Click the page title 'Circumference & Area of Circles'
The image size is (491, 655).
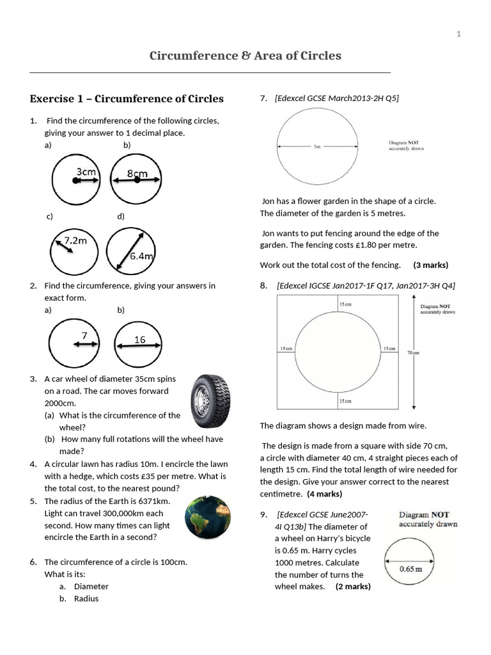(x=245, y=56)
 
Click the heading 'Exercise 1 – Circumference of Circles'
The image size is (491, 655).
(x=127, y=99)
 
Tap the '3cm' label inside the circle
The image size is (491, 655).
(x=86, y=171)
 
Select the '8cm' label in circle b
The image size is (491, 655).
(x=137, y=173)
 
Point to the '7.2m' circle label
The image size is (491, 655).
(x=75, y=241)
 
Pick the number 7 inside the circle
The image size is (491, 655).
(x=84, y=335)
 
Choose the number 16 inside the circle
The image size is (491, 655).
(x=140, y=340)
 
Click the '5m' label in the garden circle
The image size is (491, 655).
(x=317, y=146)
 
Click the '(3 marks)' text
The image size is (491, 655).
(x=430, y=265)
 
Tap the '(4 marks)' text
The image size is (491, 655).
(x=324, y=494)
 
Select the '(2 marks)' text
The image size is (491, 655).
(x=353, y=587)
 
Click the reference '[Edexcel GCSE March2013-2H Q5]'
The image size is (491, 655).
(x=337, y=98)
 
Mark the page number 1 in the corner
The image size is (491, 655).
(x=459, y=34)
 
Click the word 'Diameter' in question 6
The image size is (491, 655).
(x=91, y=587)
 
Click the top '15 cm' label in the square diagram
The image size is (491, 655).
(x=345, y=304)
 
